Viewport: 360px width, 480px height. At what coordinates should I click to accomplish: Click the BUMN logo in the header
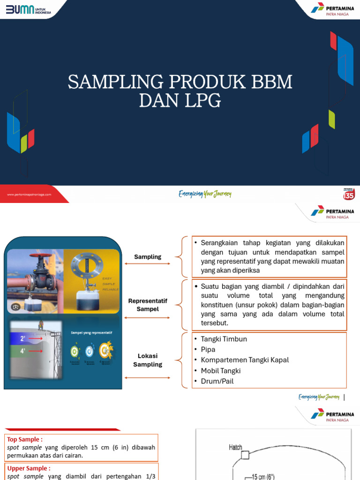point(28,9)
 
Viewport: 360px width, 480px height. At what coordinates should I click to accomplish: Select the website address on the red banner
point(29,194)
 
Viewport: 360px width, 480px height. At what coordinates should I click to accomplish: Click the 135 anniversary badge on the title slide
point(349,194)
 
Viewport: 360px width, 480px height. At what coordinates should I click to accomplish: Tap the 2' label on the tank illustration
point(22,337)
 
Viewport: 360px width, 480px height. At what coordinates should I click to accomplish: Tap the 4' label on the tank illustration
point(22,350)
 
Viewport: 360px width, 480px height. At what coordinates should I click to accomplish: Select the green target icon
point(75,351)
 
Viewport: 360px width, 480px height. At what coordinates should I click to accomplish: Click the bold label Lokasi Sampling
point(148,360)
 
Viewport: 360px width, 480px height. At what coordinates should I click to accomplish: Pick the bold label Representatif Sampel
point(148,305)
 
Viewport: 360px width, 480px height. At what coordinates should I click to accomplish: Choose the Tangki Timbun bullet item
point(224,339)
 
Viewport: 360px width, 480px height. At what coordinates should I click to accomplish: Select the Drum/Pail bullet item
point(217,381)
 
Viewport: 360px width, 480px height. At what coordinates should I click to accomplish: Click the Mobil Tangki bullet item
point(220,371)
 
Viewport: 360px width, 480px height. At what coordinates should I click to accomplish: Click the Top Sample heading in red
point(24,439)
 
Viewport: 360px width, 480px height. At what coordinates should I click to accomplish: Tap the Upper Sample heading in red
point(28,468)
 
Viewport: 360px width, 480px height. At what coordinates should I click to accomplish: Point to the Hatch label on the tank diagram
point(235,447)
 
